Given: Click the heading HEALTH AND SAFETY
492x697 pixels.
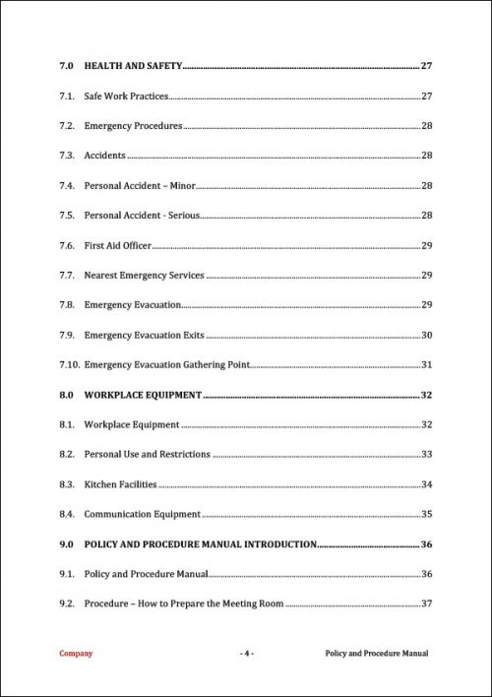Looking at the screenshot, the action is [x=133, y=66].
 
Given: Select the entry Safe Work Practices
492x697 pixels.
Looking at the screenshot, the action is [x=126, y=96].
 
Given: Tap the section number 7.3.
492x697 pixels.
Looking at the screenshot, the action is [x=67, y=156].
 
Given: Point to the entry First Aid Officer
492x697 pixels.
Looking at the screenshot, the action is [x=117, y=245].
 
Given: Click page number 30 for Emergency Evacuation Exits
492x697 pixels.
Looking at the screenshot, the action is [x=427, y=336].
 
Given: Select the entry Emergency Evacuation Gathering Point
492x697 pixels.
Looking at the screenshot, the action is [x=166, y=365].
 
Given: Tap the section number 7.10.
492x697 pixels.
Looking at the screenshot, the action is [x=69, y=365].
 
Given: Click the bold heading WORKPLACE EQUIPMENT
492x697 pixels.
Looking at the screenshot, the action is [x=143, y=395].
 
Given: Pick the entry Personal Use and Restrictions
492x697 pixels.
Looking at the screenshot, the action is [x=147, y=455].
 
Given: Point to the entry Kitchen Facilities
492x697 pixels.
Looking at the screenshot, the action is [x=120, y=484].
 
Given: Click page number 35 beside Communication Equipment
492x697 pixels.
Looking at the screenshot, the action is [x=427, y=514].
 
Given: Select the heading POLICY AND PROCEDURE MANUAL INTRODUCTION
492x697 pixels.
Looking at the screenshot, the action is [x=200, y=543].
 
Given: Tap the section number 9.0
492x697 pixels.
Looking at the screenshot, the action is [x=67, y=543].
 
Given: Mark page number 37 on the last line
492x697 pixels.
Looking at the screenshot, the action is [x=427, y=603].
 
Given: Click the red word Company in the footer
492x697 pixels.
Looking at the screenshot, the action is [x=76, y=654].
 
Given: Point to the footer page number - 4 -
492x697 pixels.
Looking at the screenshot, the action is [x=246, y=654].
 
